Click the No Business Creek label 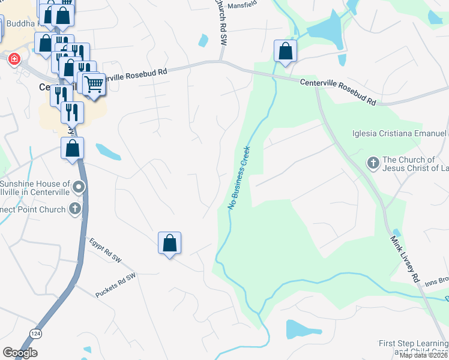pyautogui.click(x=239, y=177)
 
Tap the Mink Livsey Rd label pyautogui.click(x=406, y=258)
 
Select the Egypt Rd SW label pyautogui.click(x=105, y=251)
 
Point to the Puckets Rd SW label pyautogui.click(x=116, y=285)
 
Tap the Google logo pyautogui.click(x=20, y=353)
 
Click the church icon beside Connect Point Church pyautogui.click(x=75, y=209)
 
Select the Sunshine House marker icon pyautogui.click(x=78, y=189)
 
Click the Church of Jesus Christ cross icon pyautogui.click(x=372, y=162)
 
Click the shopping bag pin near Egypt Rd pyautogui.click(x=170, y=244)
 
